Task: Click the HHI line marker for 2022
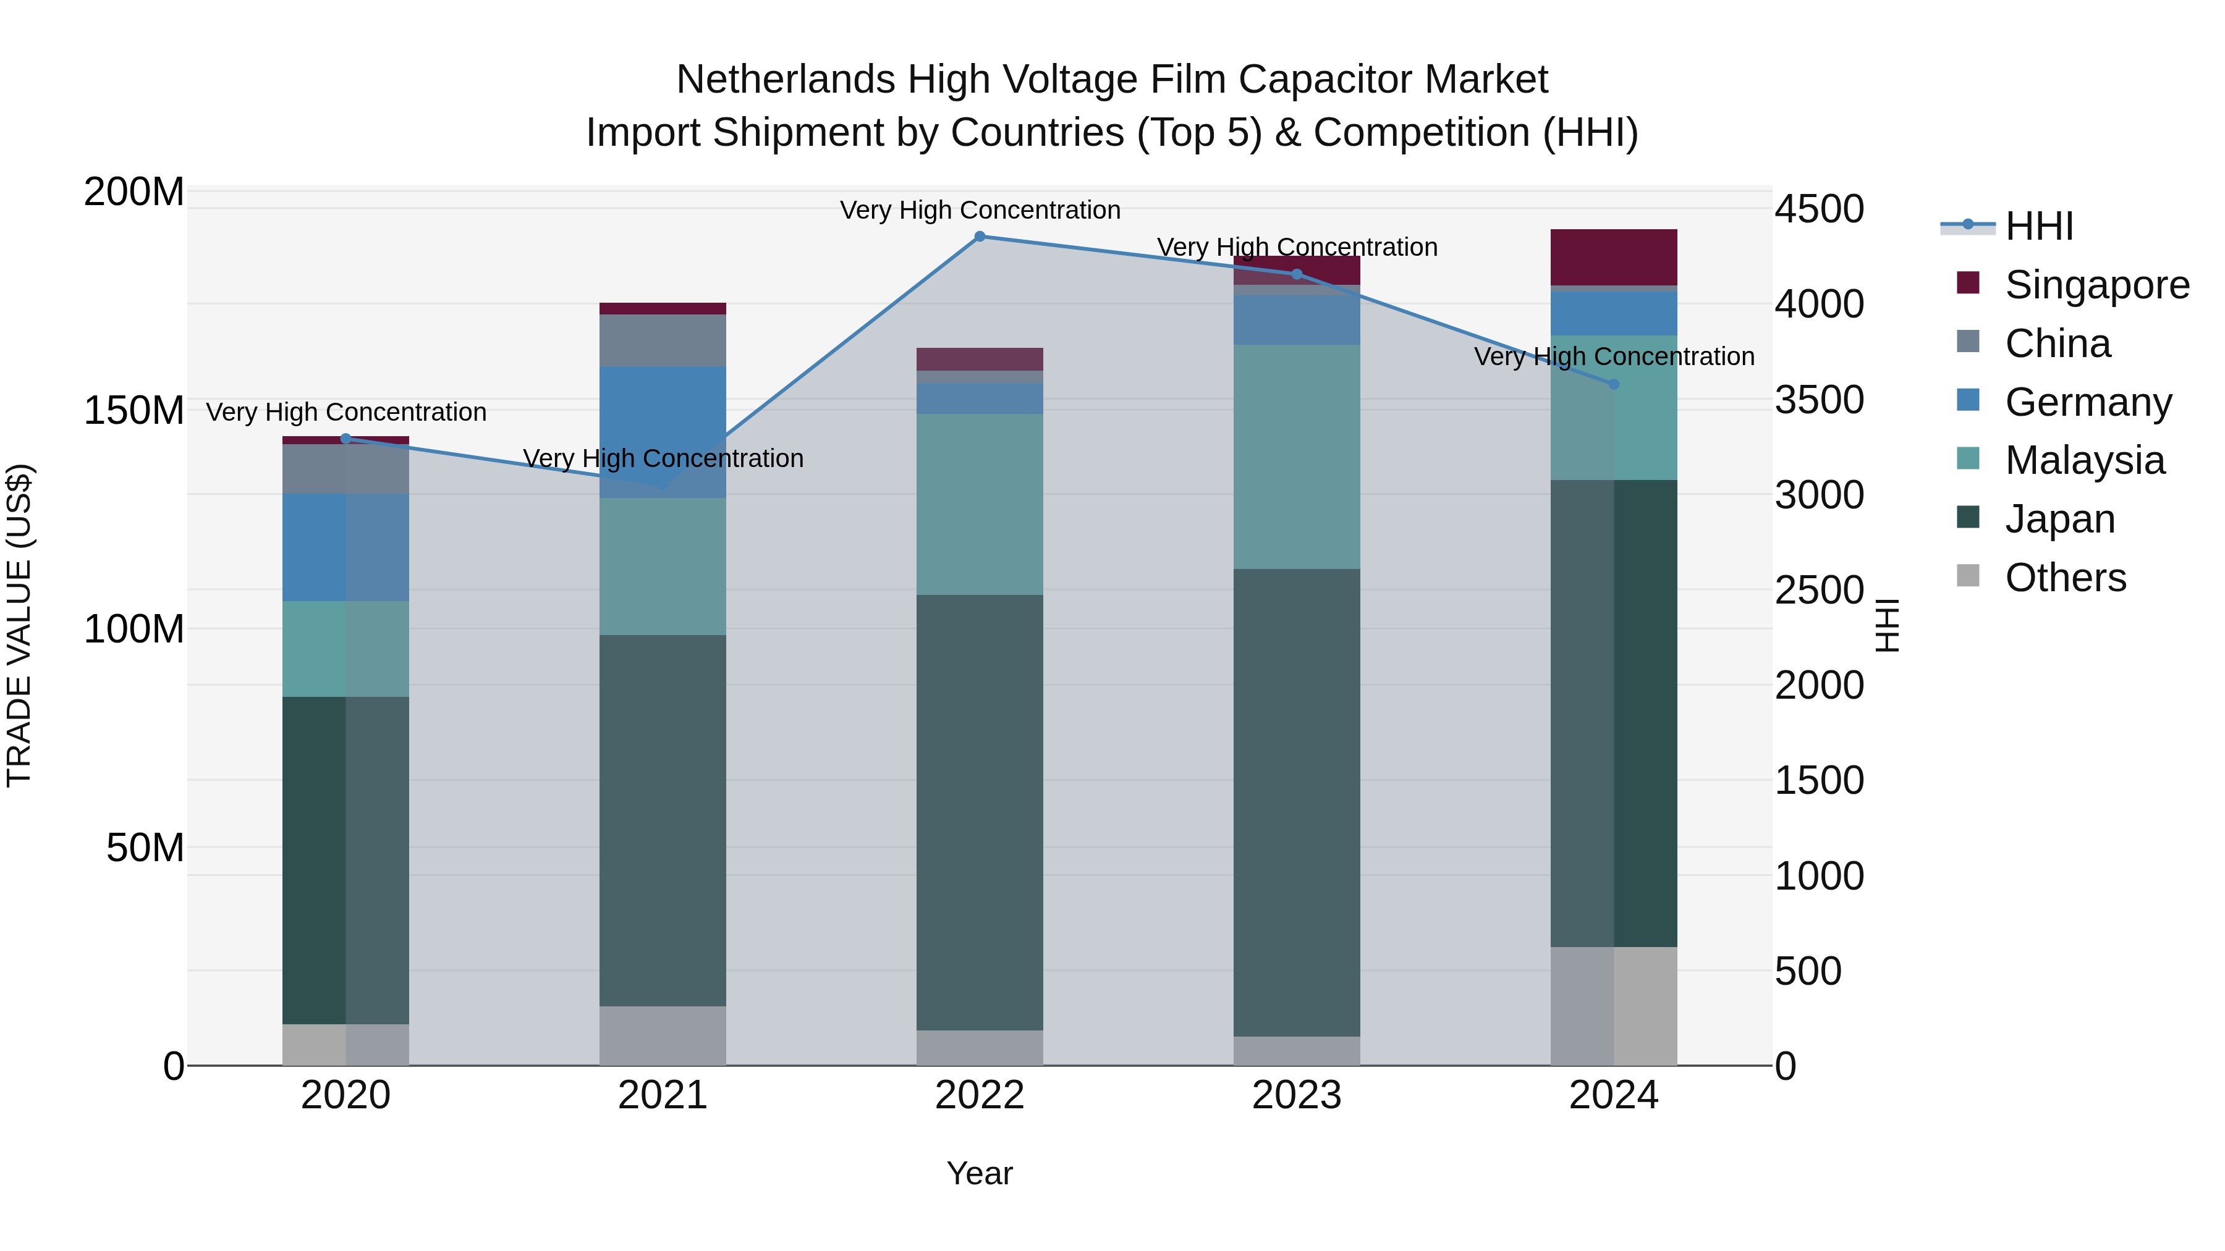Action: click(980, 236)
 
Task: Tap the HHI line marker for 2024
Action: click(1614, 384)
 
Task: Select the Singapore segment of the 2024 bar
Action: click(1614, 256)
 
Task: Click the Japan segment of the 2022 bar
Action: click(980, 812)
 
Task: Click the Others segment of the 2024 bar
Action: click(1614, 1006)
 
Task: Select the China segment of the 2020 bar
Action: click(345, 469)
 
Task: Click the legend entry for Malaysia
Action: click(2084, 460)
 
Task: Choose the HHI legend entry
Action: click(2038, 226)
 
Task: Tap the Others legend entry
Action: click(2064, 578)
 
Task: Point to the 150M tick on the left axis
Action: click(134, 410)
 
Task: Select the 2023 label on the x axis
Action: click(1297, 1095)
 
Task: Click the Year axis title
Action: click(980, 1173)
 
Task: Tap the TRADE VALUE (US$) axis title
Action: click(19, 625)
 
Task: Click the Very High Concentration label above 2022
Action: click(980, 210)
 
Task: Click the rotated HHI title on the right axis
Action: click(1888, 625)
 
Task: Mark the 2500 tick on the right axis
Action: click(1819, 591)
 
